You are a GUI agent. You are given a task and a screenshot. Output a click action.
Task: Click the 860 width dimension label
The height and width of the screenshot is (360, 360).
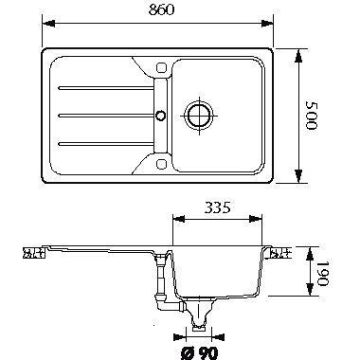[161, 9]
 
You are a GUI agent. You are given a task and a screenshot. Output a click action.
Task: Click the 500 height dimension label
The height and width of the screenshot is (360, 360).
[312, 116]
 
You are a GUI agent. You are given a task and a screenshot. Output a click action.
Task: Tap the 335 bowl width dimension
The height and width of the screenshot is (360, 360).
[218, 207]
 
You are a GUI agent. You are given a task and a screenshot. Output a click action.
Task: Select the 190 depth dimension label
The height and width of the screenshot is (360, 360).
[323, 274]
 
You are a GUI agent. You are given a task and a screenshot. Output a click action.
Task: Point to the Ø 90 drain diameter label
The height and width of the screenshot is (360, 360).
[200, 352]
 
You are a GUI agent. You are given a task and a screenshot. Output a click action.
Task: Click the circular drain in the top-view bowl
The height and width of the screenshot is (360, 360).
[199, 116]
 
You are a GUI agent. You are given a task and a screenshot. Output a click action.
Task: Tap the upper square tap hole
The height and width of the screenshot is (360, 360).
[161, 67]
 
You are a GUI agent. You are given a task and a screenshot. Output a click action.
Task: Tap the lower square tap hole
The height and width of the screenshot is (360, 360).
[161, 164]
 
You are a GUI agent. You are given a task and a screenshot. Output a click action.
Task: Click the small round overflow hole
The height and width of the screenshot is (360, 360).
[161, 115]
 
